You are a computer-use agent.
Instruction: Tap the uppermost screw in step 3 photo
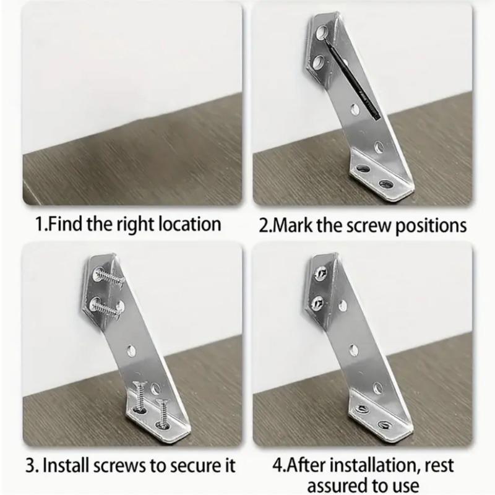coord(108,277)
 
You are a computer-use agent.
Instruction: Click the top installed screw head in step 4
coord(321,272)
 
